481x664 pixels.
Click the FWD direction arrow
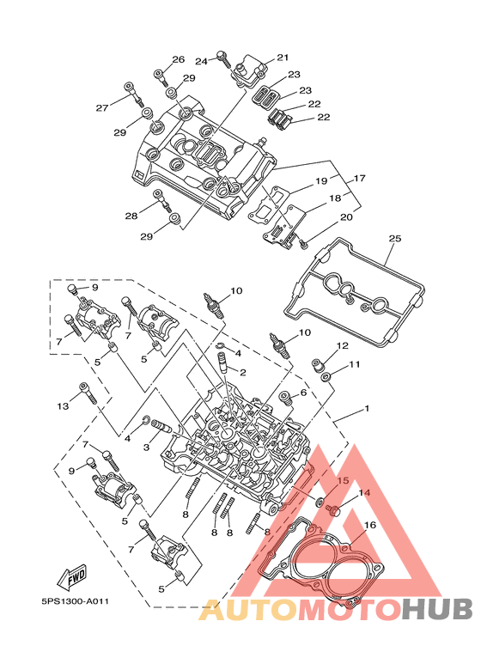coord(72,577)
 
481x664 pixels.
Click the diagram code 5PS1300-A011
coord(75,601)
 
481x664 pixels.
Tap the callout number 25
coord(394,239)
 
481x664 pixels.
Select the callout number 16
coord(369,525)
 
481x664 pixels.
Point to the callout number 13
coord(63,406)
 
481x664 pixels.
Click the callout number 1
coord(367,409)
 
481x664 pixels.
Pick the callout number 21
coord(283,58)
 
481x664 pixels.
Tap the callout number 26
coord(179,59)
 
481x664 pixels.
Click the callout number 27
coord(102,108)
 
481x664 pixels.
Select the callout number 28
coord(131,216)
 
